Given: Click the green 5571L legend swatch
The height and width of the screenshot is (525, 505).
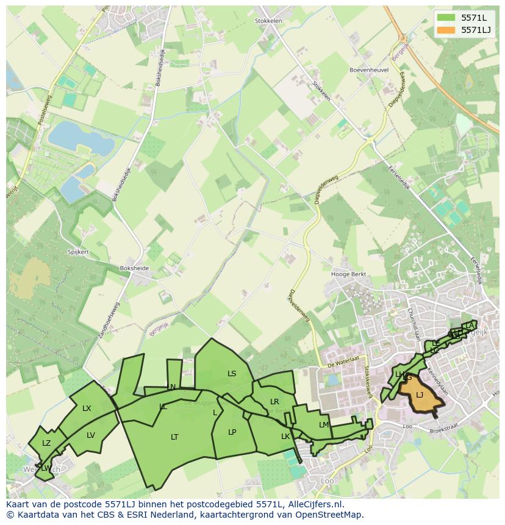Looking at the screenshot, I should pyautogui.click(x=445, y=18).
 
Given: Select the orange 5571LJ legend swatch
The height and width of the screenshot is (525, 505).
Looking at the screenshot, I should pyautogui.click(x=445, y=30).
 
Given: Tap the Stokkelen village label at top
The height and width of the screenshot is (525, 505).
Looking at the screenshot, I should pyautogui.click(x=268, y=21).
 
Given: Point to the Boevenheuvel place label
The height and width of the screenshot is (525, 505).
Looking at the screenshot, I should pyautogui.click(x=369, y=70).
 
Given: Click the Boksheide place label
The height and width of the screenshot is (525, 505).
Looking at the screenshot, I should pyautogui.click(x=135, y=268).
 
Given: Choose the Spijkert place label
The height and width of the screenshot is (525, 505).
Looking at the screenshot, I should pyautogui.click(x=78, y=251).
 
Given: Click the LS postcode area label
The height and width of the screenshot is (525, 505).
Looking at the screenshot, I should pyautogui.click(x=232, y=374).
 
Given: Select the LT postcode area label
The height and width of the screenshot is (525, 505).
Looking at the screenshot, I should pyautogui.click(x=174, y=437).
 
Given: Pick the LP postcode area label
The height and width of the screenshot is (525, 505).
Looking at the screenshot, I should pyautogui.click(x=232, y=432).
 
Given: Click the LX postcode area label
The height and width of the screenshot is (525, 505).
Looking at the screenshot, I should pyautogui.click(x=87, y=409).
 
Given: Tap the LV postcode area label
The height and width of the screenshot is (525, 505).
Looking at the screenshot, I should pyautogui.click(x=91, y=435).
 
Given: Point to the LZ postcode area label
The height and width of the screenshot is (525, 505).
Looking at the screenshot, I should pyautogui.click(x=46, y=443).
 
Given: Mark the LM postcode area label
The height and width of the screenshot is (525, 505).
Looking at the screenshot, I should pyautogui.click(x=324, y=425).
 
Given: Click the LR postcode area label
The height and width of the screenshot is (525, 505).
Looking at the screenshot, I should pyautogui.click(x=274, y=402).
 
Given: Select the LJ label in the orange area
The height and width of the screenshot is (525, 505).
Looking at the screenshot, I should pyautogui.click(x=420, y=395).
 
